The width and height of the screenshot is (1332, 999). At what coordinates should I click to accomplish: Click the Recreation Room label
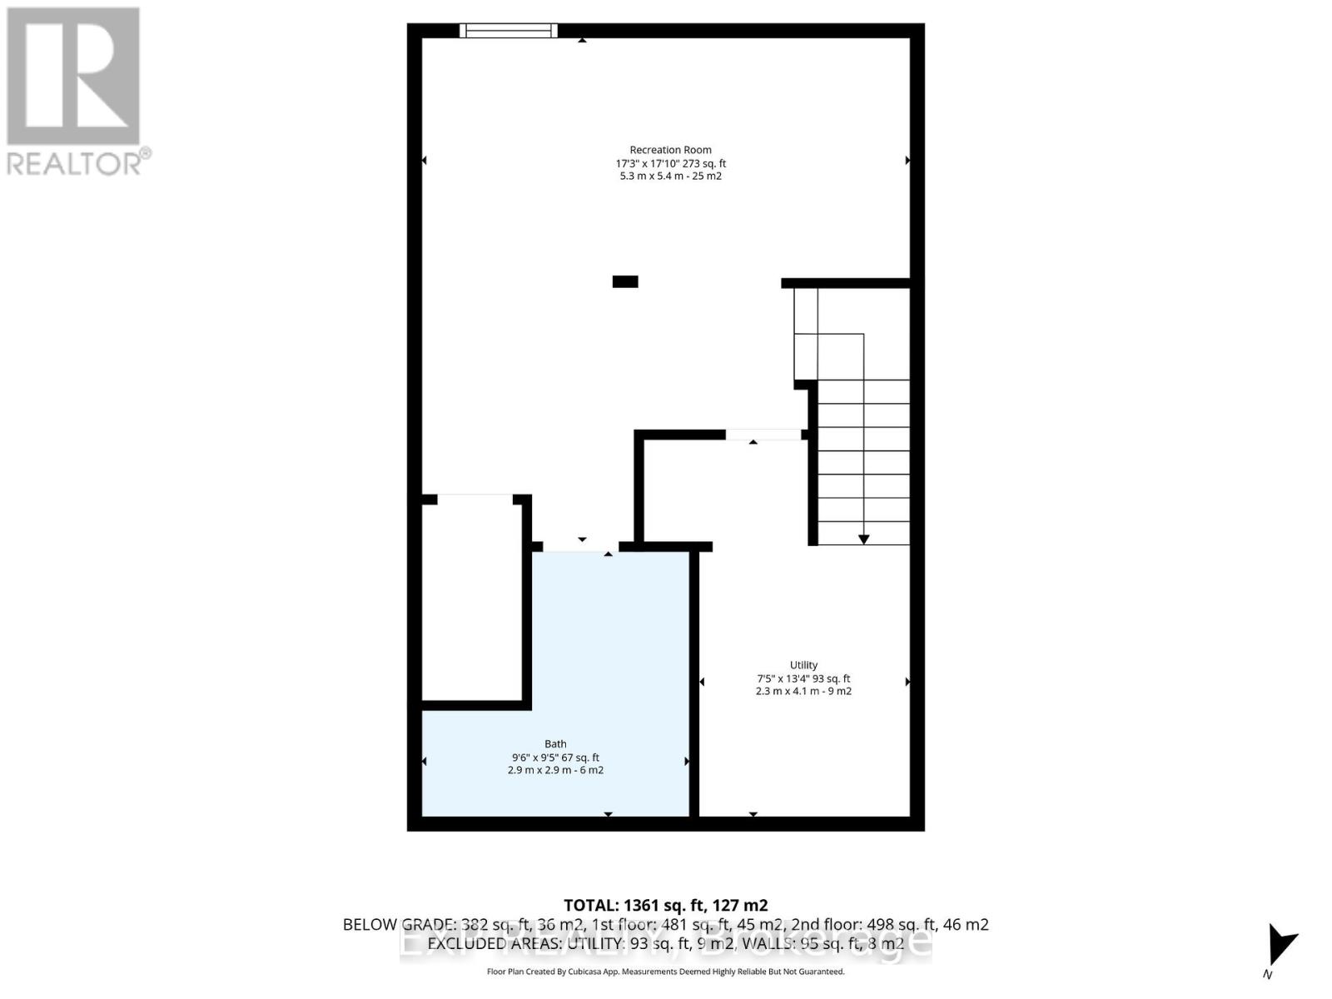coord(670,150)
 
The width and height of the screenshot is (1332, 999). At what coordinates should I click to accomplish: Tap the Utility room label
coord(803,664)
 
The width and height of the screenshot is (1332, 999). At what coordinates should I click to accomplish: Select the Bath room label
coord(555,744)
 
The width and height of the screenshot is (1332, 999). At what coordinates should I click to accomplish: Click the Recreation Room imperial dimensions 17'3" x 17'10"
coord(648,164)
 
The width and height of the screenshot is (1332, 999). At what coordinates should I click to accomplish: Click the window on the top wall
coord(508,31)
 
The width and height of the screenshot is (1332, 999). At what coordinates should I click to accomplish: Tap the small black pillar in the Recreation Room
coord(625,281)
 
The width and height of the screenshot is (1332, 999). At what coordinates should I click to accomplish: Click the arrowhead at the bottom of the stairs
coord(864,539)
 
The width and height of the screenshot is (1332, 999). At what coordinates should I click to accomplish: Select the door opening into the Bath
coord(581,546)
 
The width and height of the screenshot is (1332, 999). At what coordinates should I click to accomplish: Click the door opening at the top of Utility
coord(763,435)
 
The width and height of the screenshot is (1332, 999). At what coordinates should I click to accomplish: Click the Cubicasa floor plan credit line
coord(665,972)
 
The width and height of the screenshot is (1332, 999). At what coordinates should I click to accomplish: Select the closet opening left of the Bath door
coord(475,499)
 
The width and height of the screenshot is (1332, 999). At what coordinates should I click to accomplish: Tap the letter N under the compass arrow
coord(1268,975)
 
